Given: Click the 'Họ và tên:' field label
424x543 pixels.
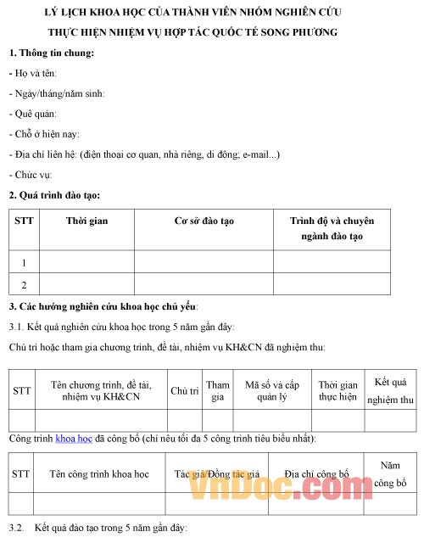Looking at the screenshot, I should [32, 74].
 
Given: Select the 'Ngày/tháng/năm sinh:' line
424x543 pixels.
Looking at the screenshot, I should [56, 94].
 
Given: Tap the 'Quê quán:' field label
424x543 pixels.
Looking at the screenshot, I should [34, 114].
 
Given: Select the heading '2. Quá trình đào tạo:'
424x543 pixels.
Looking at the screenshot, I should [59, 195].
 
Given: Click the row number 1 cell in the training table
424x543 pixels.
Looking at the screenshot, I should [25, 262].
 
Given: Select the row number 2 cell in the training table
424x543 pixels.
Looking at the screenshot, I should [25, 284].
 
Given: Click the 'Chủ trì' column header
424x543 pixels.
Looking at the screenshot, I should [184, 390].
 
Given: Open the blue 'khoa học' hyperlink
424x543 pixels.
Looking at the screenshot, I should [74, 439].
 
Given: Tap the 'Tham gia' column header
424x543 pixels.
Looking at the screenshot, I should [218, 390].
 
